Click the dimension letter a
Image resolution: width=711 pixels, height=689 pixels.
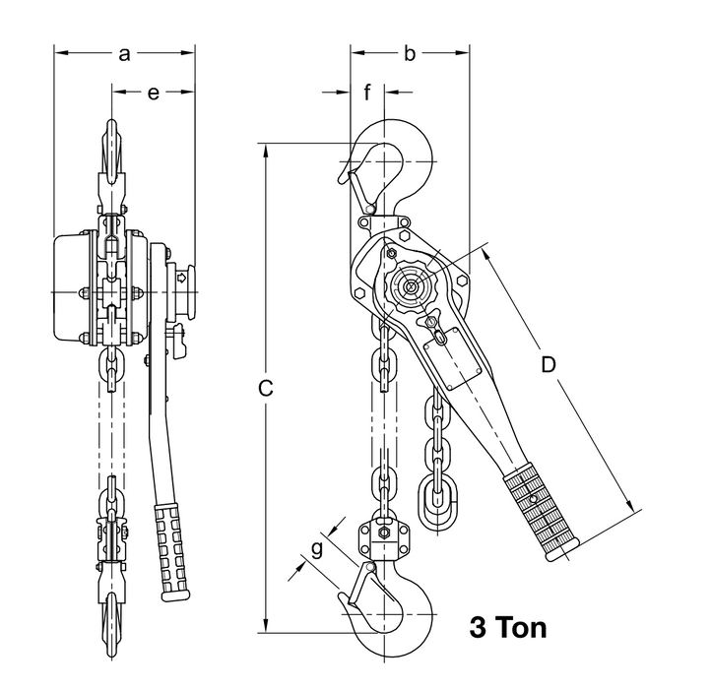pos(124,55)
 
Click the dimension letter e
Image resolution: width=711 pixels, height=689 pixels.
pos(154,94)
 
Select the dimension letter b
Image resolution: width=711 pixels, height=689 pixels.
pos(409,55)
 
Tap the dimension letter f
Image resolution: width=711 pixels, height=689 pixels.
pos(367,94)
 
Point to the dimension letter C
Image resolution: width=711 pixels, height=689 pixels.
pos(265,389)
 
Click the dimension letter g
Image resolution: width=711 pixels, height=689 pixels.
pos(317,549)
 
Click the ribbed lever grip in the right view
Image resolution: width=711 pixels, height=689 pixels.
pos(540,512)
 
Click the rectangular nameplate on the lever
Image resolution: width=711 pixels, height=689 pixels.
pos(454,354)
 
